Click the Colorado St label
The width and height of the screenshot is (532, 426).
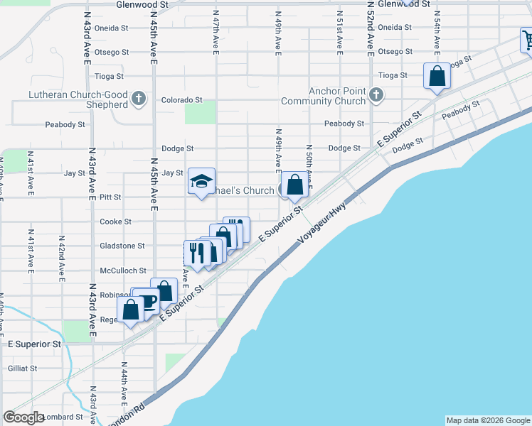coord(182,100)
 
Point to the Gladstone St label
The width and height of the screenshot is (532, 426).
coord(122,246)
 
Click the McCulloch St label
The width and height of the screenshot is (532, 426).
coord(123,271)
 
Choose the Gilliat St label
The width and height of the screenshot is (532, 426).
coord(23,368)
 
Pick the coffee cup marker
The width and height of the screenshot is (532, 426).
coord(148,301)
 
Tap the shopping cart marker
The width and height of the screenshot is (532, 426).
coord(528,40)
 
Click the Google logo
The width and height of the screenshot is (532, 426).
coord(24,417)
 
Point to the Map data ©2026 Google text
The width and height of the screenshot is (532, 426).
coord(488,420)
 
